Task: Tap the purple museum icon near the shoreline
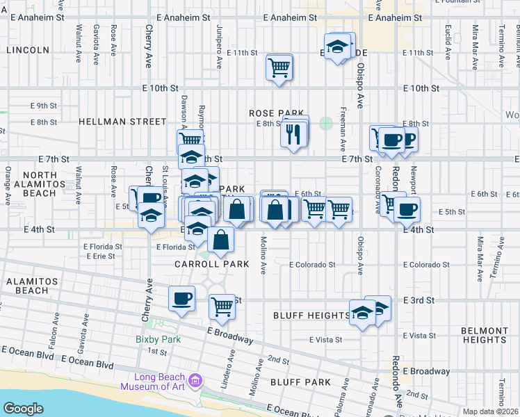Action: tap(195, 381)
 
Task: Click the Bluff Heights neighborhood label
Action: tap(320, 316)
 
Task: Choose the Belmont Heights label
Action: tap(484, 335)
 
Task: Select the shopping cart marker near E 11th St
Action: tap(279, 68)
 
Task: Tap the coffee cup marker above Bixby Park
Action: tap(182, 299)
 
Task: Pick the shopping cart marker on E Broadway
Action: tap(222, 305)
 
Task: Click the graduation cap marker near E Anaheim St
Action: tap(337, 47)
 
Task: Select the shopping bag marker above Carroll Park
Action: tap(221, 240)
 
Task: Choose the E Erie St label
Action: tap(101, 256)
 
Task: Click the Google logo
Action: tap(23, 409)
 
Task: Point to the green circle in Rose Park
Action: tap(325, 124)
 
